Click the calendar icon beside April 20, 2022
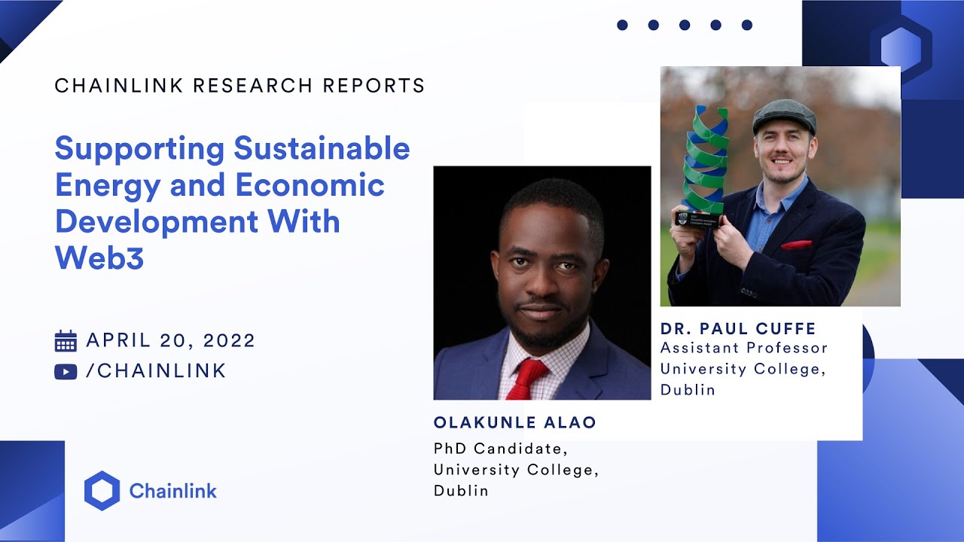click(66, 341)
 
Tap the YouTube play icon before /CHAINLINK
click(66, 372)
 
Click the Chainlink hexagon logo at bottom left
click(102, 491)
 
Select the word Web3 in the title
click(99, 258)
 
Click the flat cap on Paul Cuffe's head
click(784, 115)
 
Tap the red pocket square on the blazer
click(796, 245)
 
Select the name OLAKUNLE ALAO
click(514, 423)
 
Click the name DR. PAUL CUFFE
click(738, 329)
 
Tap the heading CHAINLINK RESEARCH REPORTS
click(239, 86)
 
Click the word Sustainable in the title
click(322, 148)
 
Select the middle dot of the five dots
click(684, 25)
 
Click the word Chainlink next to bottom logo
click(172, 492)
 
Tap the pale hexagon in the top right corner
click(900, 48)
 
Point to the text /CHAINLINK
click(156, 371)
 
